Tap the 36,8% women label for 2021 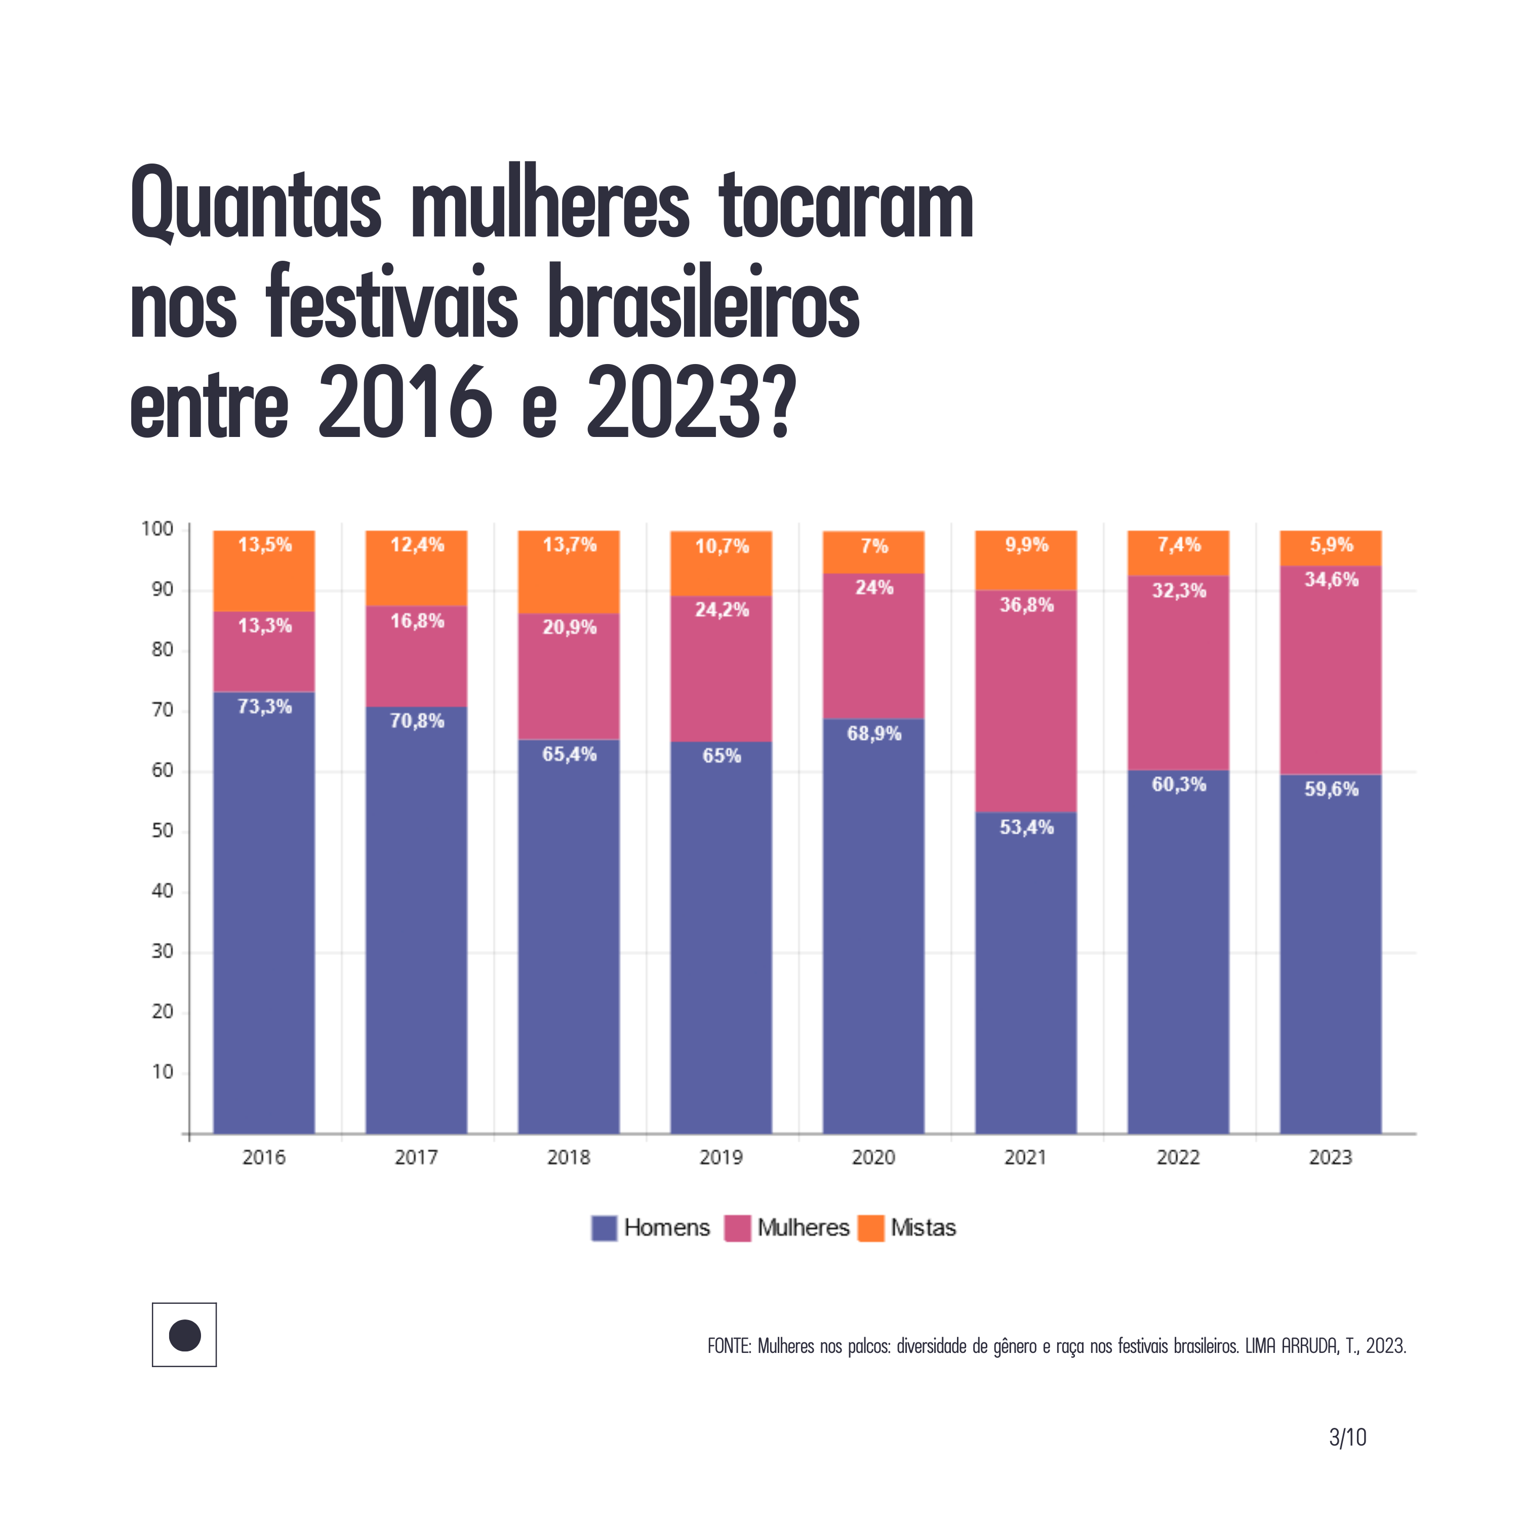pos(1026,605)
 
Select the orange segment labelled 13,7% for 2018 pos(569,572)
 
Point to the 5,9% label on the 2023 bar pos(1331,544)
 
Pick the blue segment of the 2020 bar pos(873,928)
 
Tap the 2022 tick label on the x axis pos(1178,1157)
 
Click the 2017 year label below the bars pos(416,1157)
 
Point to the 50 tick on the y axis pos(163,830)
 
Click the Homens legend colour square pos(604,1228)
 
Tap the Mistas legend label pos(923,1228)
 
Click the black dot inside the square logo pos(185,1335)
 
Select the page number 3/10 pos(1347,1438)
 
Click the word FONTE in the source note pos(729,1346)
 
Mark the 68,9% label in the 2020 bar pos(873,734)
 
